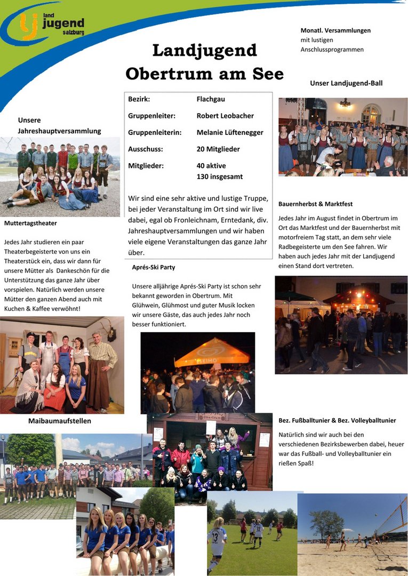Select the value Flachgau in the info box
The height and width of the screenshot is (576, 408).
(211, 99)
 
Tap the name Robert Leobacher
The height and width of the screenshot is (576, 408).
(225, 116)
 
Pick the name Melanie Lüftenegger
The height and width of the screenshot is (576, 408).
(230, 132)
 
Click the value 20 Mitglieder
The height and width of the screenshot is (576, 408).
(218, 149)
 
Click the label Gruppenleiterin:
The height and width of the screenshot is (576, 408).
(155, 132)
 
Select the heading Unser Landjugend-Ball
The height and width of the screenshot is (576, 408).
(346, 83)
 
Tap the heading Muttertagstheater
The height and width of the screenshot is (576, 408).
(30, 223)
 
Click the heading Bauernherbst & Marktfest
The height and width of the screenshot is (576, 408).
(315, 204)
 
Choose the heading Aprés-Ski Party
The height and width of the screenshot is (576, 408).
(154, 267)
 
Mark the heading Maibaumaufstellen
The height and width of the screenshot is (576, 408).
(59, 421)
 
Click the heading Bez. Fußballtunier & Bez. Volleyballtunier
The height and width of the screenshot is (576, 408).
(337, 420)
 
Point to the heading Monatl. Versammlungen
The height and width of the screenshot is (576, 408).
(335, 30)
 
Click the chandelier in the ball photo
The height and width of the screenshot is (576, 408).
(346, 103)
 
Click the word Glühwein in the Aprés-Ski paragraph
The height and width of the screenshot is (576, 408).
(146, 305)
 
